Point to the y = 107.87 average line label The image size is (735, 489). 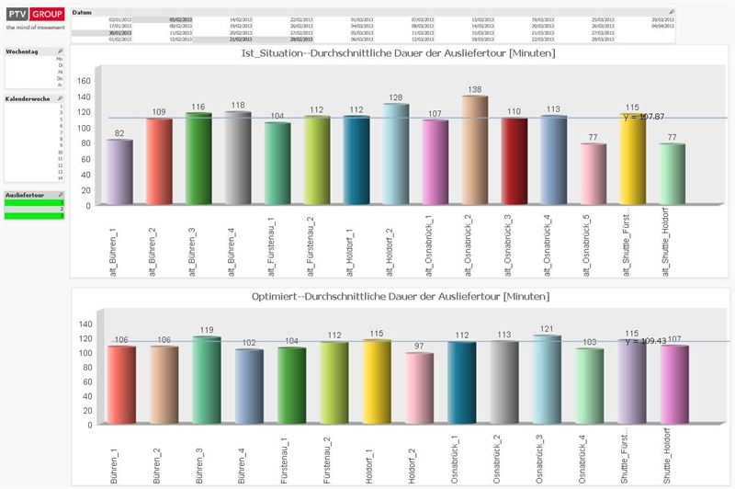[x=644, y=117]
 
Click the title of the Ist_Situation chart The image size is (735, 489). [x=397, y=54]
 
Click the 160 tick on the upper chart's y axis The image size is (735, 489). [x=84, y=81]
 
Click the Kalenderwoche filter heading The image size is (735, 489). [x=26, y=97]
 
